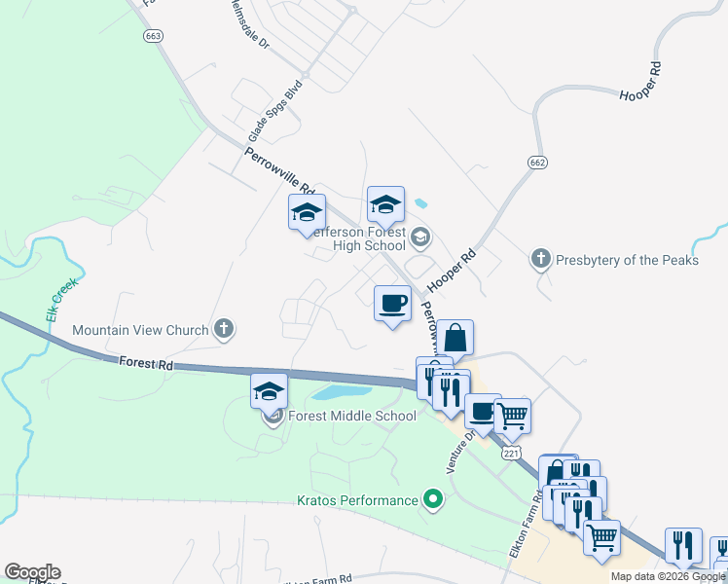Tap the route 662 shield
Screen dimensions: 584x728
pyautogui.click(x=536, y=162)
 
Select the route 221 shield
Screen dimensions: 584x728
pyautogui.click(x=512, y=454)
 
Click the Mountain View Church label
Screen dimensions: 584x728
pyautogui.click(x=141, y=330)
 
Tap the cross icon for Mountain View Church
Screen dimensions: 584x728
pyautogui.click(x=224, y=329)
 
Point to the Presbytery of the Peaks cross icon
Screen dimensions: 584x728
pyautogui.click(x=541, y=259)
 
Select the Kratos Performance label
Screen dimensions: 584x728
pyautogui.click(x=356, y=500)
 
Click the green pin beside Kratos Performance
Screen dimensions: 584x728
pyautogui.click(x=433, y=501)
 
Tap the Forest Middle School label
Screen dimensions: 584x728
pyautogui.click(x=352, y=416)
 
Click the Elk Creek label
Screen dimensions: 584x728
pyautogui.click(x=52, y=306)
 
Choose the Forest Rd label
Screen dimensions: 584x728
pyautogui.click(x=146, y=363)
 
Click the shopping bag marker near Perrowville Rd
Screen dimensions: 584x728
pyautogui.click(x=455, y=339)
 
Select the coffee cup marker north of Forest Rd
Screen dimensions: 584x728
pyautogui.click(x=392, y=304)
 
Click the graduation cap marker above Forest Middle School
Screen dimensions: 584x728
pyautogui.click(x=270, y=391)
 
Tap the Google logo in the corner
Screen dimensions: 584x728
pyautogui.click(x=32, y=572)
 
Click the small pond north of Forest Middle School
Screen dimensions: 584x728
pyautogui.click(x=342, y=393)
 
